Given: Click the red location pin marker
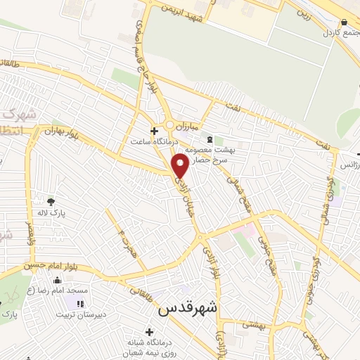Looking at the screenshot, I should point(181,166).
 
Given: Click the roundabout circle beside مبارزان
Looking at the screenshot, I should point(170,125).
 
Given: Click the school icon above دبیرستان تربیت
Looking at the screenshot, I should point(79,304).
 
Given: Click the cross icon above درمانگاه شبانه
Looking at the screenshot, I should point(148,331).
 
